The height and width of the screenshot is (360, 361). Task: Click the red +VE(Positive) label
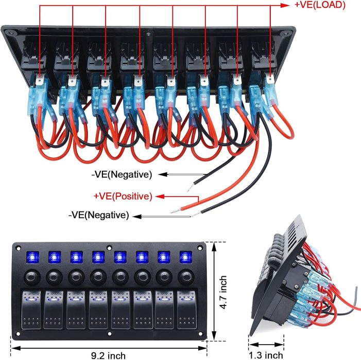tap(123, 196)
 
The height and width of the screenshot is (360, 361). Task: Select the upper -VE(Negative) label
tap(122, 175)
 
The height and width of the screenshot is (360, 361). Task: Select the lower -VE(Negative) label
tap(98, 215)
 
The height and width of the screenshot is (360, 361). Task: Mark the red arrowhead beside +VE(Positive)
tap(160, 196)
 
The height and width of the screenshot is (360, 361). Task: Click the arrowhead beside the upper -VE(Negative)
tap(161, 175)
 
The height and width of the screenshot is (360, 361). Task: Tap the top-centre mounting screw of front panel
tap(108, 248)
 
